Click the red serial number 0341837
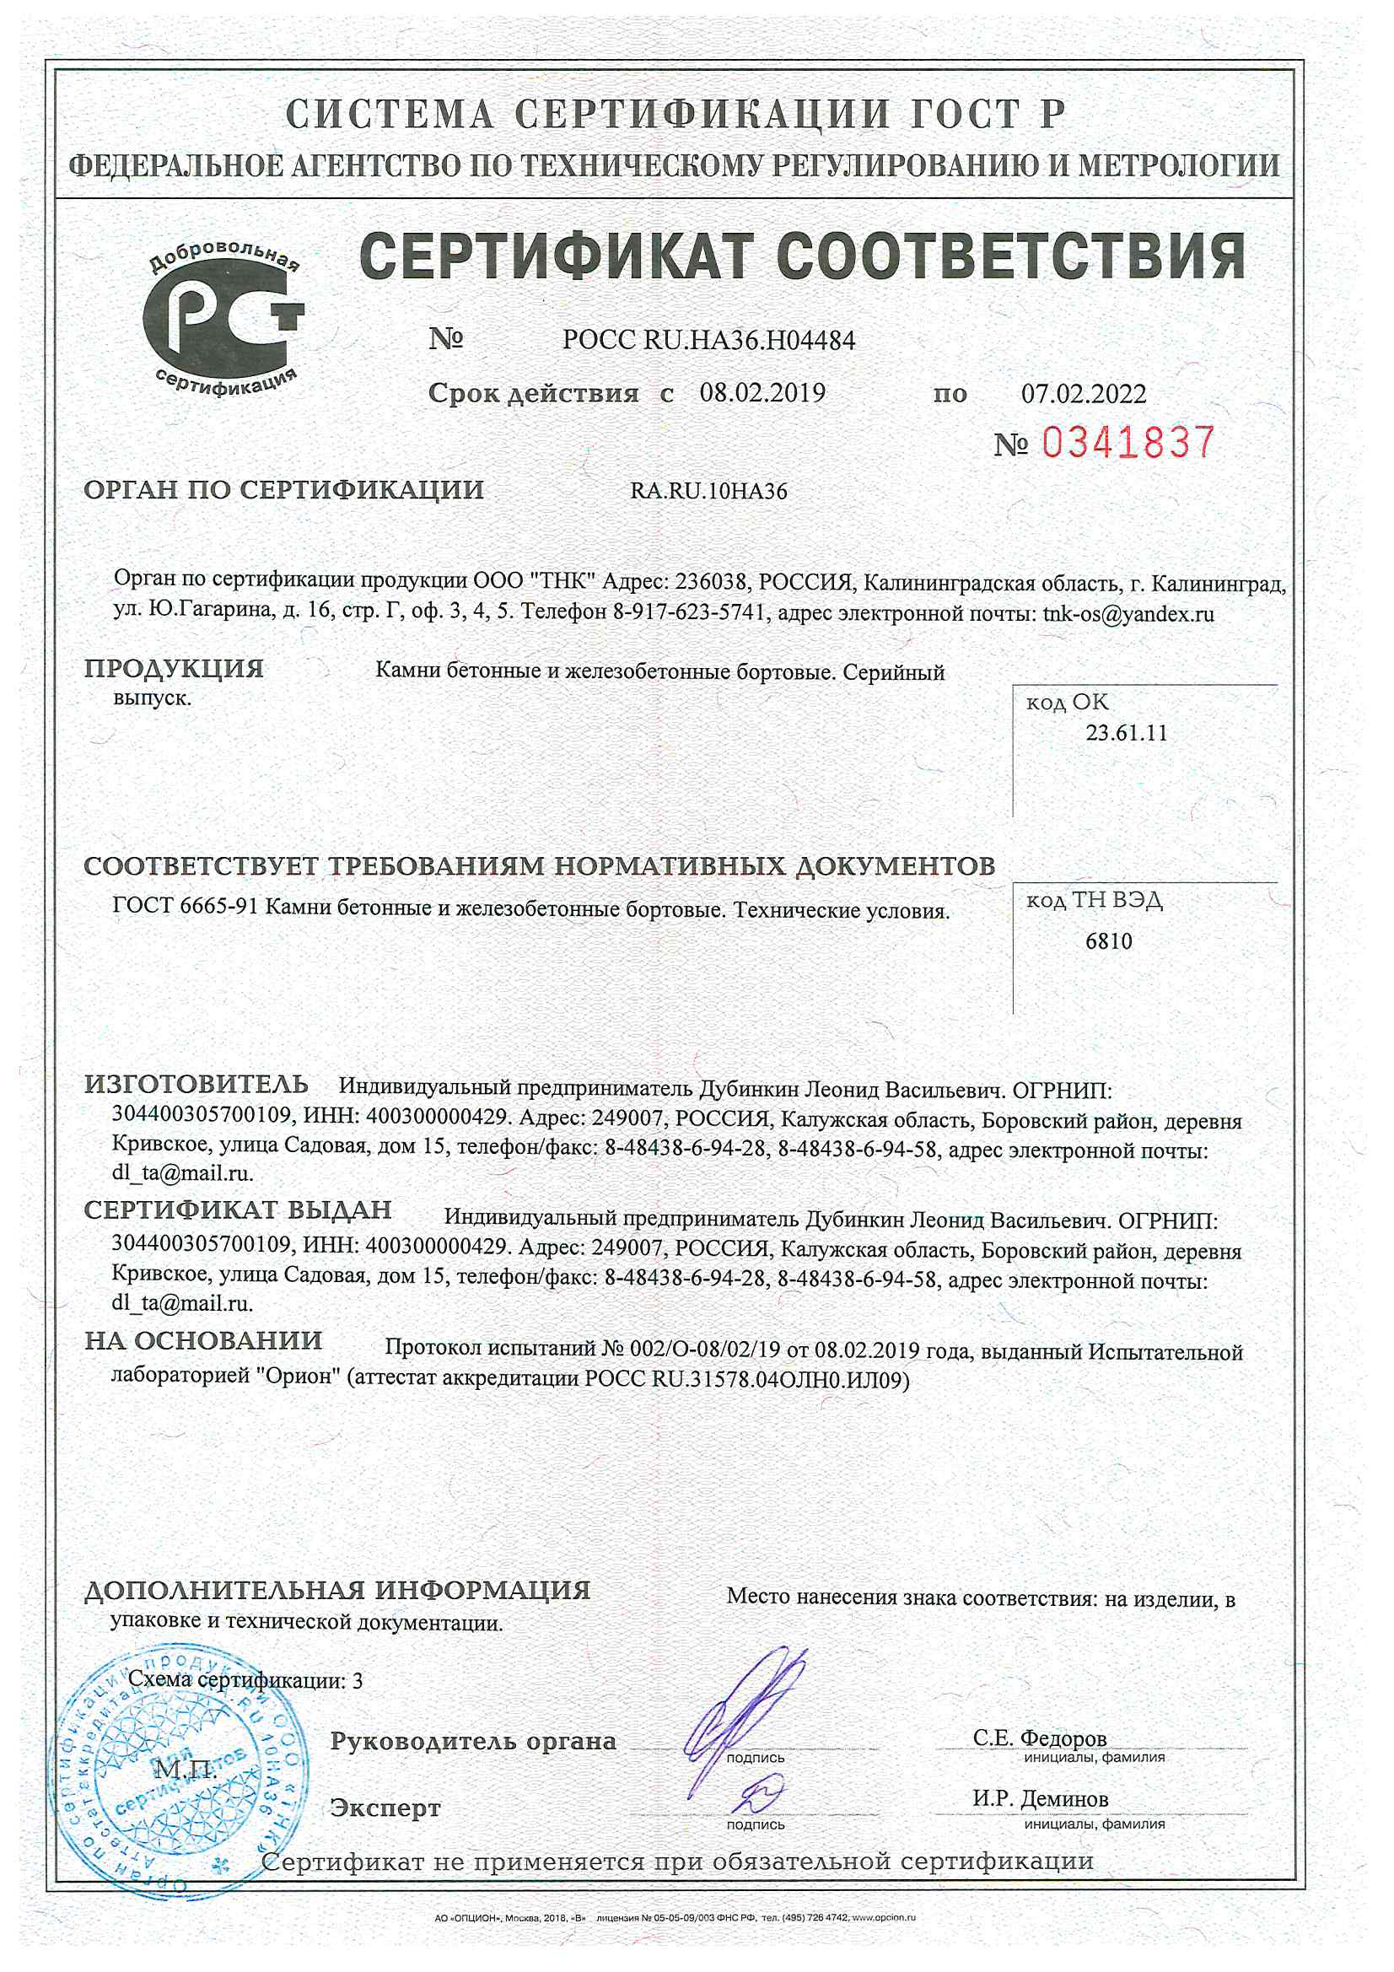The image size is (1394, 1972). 1128,442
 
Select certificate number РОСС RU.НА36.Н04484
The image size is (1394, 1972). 708,341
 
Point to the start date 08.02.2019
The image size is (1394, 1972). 762,393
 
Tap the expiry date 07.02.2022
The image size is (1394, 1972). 1083,394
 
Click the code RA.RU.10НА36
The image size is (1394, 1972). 708,491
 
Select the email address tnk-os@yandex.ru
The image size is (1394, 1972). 1128,614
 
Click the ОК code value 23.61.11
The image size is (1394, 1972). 1126,733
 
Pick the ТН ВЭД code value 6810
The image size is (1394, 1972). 1108,941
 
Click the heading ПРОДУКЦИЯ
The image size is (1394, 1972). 174,668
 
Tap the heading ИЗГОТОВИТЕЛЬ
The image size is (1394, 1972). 196,1085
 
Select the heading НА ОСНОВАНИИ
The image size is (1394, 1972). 203,1341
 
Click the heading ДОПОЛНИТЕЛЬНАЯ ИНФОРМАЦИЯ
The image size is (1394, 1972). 336,1591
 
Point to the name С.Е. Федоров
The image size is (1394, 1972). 1039,1738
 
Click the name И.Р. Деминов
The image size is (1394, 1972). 1040,1798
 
